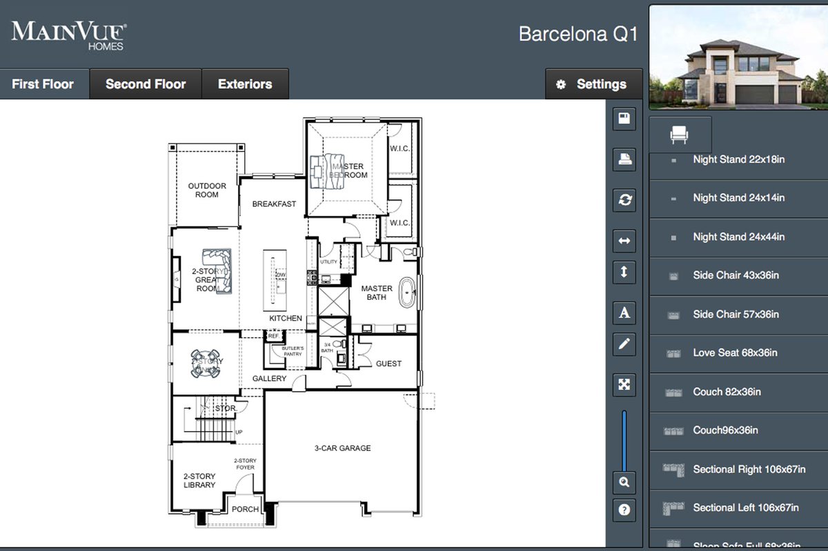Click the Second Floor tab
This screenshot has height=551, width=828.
(146, 84)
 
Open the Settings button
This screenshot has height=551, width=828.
(593, 84)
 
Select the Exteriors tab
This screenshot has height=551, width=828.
(245, 84)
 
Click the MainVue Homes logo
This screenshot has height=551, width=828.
(68, 34)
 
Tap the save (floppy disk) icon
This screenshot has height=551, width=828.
(624, 119)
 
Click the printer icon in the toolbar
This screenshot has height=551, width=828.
(624, 159)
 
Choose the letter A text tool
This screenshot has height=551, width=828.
(624, 313)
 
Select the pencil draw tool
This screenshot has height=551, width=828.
(624, 343)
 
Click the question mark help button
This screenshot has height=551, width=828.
(624, 510)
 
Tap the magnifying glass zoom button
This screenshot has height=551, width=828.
(624, 482)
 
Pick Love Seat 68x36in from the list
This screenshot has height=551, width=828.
(735, 352)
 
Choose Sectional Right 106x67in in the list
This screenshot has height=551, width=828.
(749, 469)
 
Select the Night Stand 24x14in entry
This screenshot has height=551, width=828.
(738, 197)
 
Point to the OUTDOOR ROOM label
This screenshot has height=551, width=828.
(207, 190)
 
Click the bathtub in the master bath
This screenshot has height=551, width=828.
(406, 294)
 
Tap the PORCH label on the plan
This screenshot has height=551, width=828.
(245, 510)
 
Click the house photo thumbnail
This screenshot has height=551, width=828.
(738, 57)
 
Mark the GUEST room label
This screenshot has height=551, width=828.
(388, 363)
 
